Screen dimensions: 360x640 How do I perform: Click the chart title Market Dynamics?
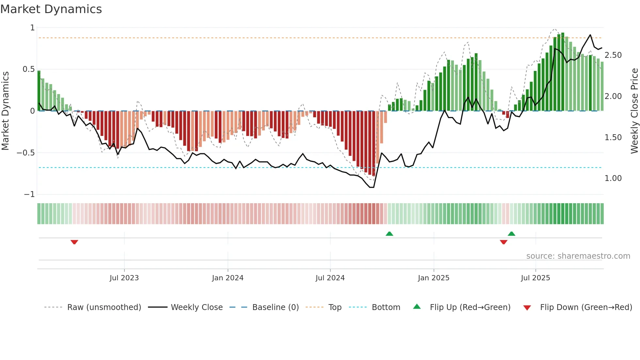[51, 9]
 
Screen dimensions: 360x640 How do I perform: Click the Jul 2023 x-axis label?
[124, 278]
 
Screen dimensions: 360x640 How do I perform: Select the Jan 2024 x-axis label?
[228, 278]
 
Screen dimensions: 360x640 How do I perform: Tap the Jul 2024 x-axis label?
[330, 278]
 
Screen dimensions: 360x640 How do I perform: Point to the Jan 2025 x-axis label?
[433, 278]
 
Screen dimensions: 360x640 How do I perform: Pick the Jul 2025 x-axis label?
[535, 278]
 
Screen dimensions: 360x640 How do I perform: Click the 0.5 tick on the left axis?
[28, 69]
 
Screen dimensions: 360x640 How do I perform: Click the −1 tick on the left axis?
[29, 194]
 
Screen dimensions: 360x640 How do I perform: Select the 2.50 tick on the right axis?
[613, 55]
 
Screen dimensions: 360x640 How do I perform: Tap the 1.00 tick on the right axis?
[613, 178]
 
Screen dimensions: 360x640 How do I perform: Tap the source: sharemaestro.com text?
[578, 256]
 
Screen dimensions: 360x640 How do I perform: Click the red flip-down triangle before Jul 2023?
[74, 242]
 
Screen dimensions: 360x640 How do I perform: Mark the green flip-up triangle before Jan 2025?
[389, 234]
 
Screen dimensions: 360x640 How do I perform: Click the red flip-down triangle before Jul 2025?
[504, 242]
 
